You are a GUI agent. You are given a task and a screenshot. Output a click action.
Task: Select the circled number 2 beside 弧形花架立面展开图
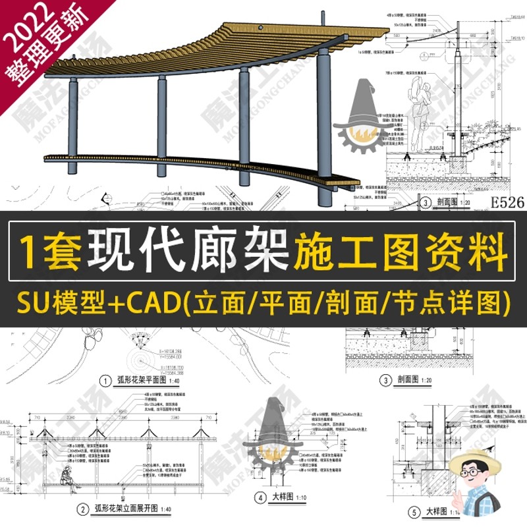[82, 508]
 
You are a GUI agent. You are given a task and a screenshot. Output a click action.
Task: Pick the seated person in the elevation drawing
[67, 476]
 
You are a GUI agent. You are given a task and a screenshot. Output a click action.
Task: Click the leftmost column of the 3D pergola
[72, 125]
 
